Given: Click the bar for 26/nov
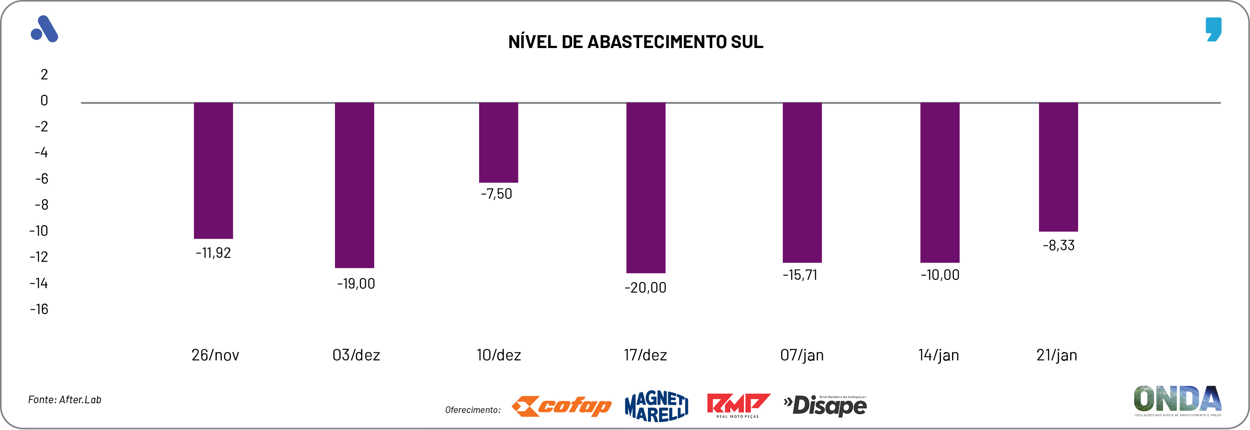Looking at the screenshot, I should click(213, 170).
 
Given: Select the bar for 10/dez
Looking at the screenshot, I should click(499, 142).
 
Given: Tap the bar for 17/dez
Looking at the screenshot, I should click(645, 188).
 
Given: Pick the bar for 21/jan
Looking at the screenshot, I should click(1058, 167).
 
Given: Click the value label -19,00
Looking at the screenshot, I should click(356, 284).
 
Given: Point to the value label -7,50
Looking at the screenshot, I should click(496, 194).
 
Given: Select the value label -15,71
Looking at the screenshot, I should click(800, 275).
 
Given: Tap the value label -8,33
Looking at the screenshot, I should click(1058, 245).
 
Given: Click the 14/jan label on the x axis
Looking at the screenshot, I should click(938, 356).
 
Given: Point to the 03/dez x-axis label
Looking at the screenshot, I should click(356, 356).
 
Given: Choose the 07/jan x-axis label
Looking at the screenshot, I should click(802, 356).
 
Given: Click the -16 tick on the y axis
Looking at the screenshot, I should click(39, 309).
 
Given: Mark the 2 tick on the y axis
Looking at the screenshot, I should click(44, 74).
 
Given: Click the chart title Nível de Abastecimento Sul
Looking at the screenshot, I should click(635, 42).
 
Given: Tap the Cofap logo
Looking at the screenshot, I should click(562, 406).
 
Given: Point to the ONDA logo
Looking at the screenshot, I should click(1177, 400).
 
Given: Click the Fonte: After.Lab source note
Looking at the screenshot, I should click(64, 400).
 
